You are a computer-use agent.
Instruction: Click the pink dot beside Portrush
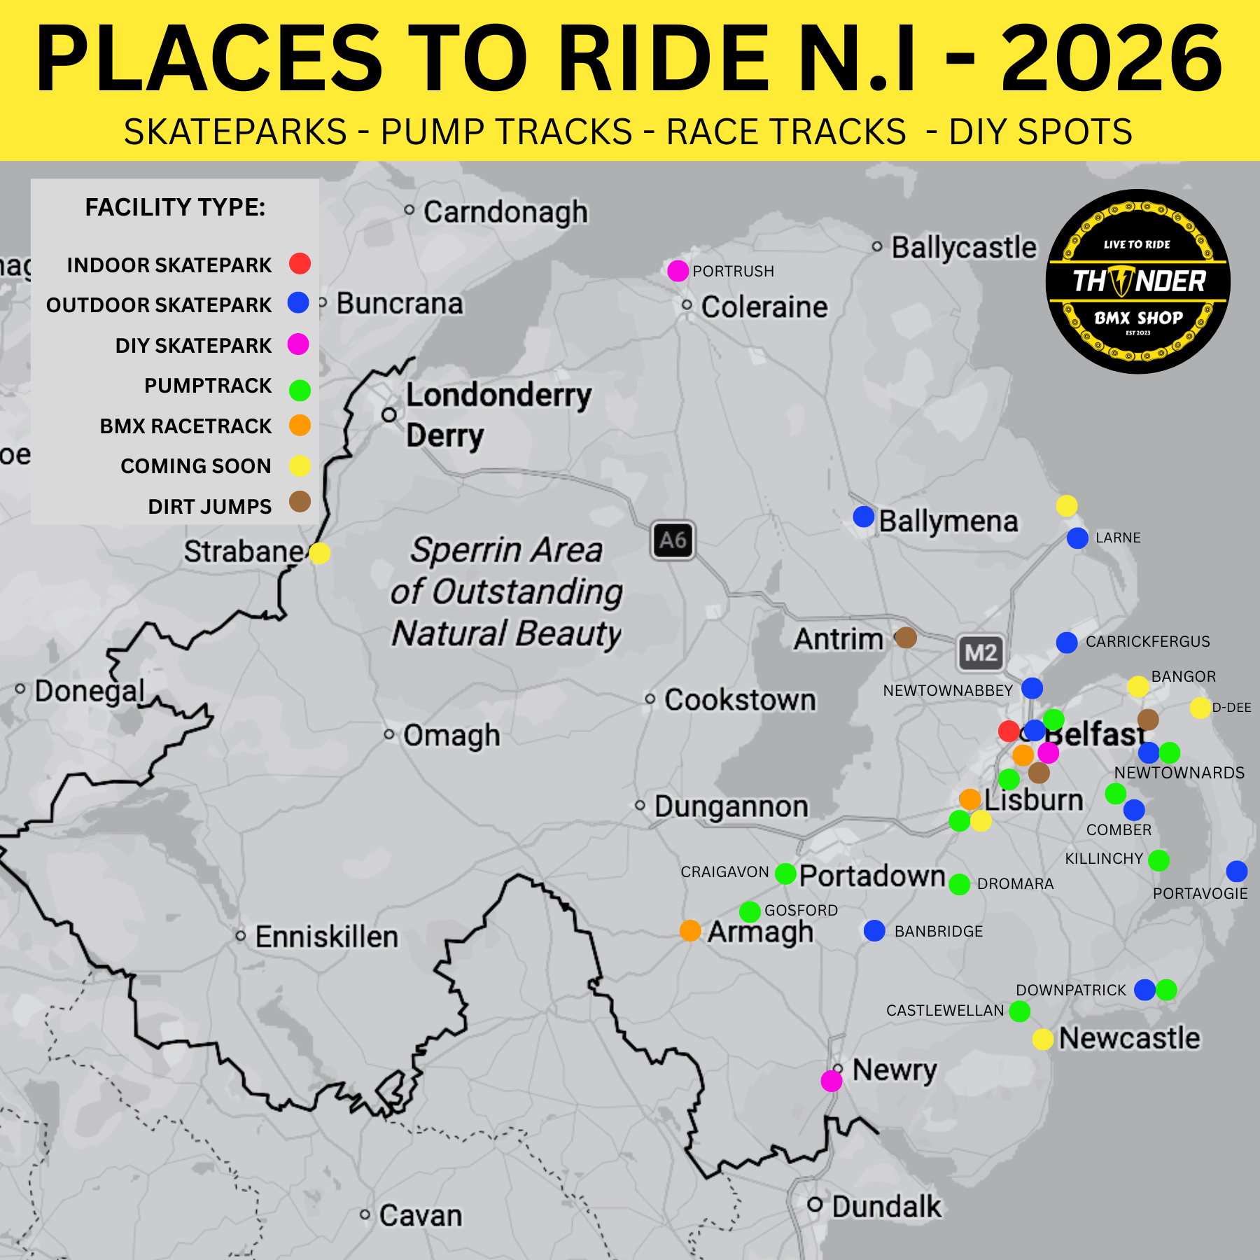678,271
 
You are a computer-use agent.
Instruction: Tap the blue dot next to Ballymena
864,517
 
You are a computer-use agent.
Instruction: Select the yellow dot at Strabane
319,553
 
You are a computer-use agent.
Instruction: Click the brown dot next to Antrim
906,637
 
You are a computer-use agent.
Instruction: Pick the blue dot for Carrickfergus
1067,642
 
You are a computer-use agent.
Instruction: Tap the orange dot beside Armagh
690,930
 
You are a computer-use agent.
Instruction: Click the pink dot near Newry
832,1081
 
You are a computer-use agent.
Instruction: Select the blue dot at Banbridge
874,930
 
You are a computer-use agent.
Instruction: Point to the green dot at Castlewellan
1020,1011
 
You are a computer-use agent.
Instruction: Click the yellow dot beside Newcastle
1043,1039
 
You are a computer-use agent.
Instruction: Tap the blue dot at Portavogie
1237,871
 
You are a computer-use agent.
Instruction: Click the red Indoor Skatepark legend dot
300,263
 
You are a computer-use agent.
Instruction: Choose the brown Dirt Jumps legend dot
300,501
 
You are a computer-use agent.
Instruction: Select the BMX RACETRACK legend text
185,426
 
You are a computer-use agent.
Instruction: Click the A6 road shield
673,540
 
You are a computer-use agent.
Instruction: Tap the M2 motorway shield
980,653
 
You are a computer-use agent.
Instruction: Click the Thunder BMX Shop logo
1138,281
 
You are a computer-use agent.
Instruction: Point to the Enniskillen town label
326,937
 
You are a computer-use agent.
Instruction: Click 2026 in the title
1112,59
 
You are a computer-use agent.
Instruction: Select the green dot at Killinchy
1158,860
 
